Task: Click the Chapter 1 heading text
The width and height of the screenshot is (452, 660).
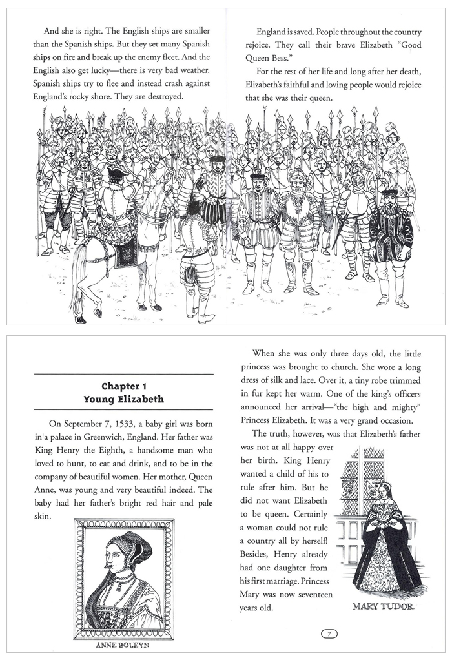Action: (x=123, y=386)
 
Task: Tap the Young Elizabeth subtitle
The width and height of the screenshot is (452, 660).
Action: (x=123, y=399)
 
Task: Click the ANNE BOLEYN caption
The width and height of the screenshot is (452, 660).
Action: (x=123, y=645)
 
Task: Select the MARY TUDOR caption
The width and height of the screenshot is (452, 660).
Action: (x=384, y=607)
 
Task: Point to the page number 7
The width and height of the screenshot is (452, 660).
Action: (x=329, y=634)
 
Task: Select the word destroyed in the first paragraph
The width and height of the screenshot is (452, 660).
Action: (x=160, y=96)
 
